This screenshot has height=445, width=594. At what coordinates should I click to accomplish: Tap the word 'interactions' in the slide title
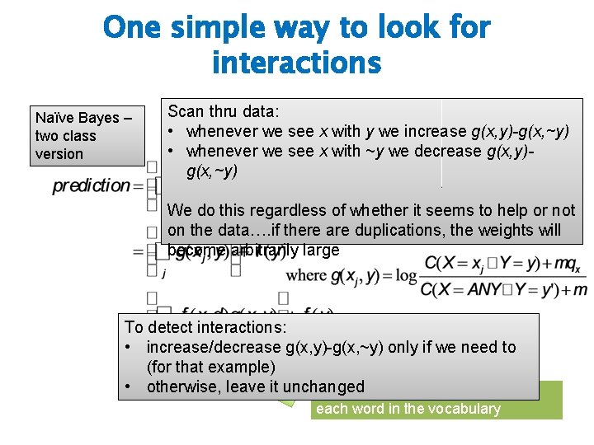coord(296,62)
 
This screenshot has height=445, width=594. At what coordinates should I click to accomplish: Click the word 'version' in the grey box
coord(59,154)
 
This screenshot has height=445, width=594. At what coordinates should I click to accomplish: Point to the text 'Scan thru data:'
coord(224,112)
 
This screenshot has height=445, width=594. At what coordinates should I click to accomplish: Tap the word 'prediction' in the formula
coord(91,185)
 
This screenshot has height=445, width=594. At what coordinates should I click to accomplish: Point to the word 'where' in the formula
coord(306,274)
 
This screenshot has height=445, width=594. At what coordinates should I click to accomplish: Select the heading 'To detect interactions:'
coord(201,328)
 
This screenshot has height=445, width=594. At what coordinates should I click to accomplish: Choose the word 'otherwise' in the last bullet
coord(181,386)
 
